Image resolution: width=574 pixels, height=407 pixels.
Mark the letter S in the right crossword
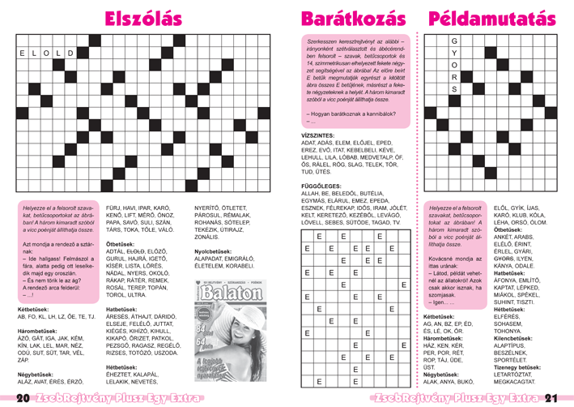[x=454, y=89]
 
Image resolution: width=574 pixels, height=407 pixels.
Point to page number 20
[x=22, y=398]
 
